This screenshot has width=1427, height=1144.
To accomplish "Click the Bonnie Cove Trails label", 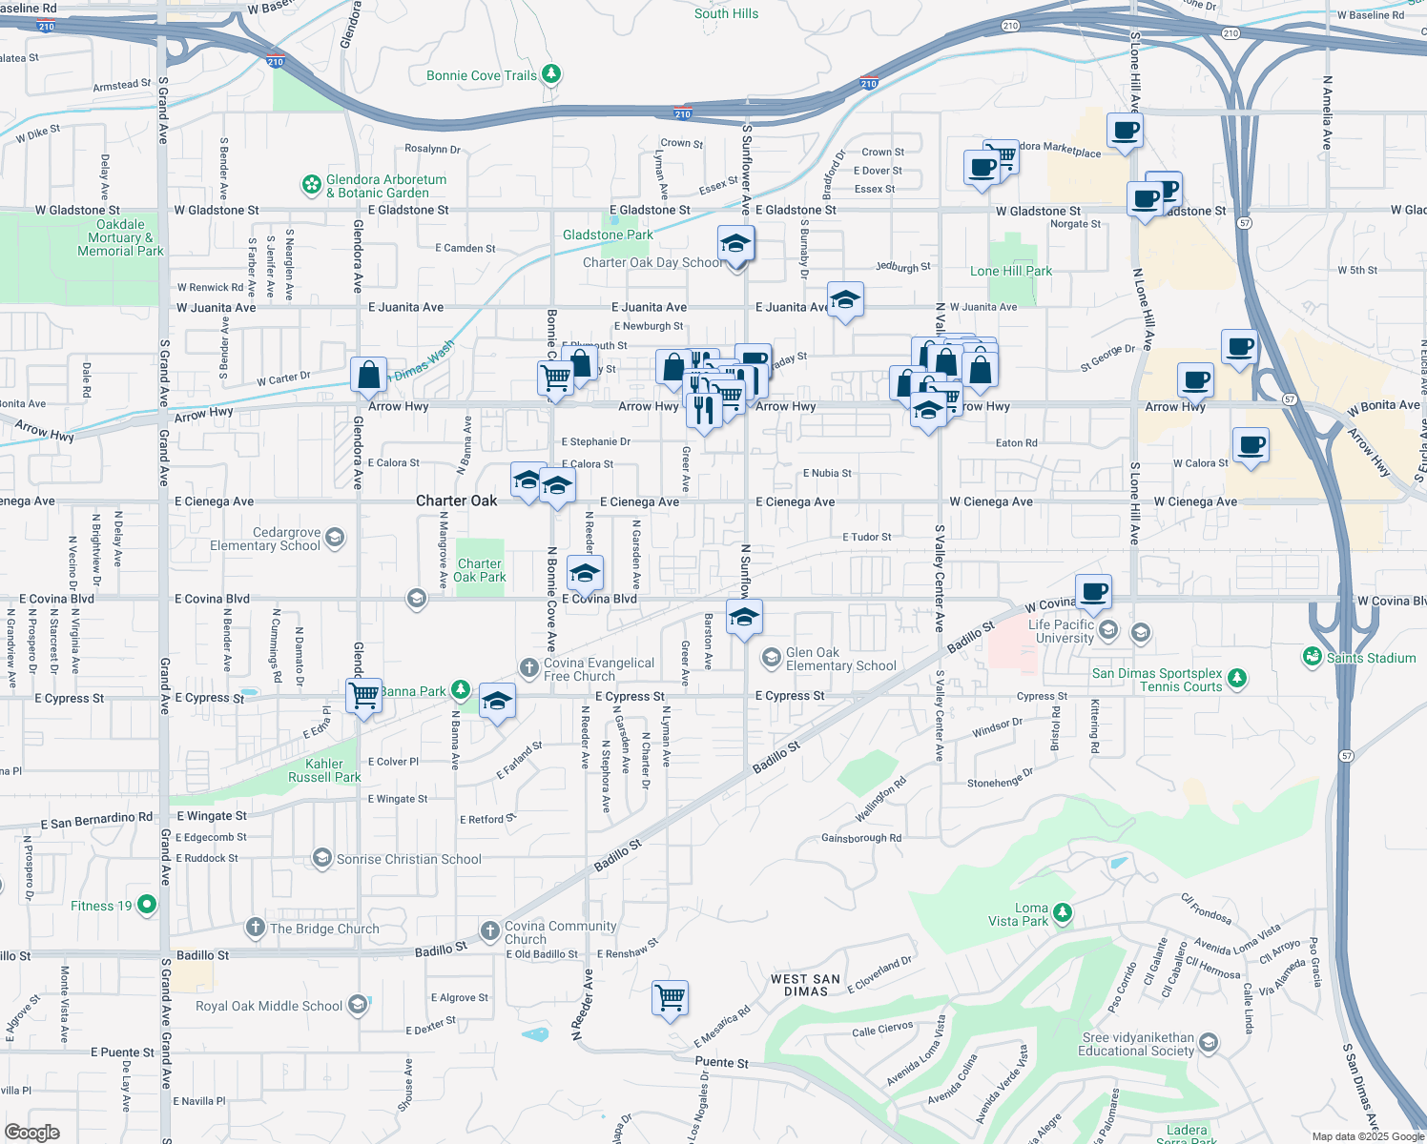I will click(x=482, y=76).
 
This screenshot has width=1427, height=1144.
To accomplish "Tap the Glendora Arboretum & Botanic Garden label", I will click(x=385, y=186).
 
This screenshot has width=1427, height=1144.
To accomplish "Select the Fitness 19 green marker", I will click(x=147, y=905).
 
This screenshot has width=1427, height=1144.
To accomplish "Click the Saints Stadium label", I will click(x=1371, y=658).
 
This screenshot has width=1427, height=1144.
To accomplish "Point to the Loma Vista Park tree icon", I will click(x=1062, y=913).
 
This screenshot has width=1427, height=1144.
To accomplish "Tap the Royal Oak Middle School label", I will click(x=269, y=1006).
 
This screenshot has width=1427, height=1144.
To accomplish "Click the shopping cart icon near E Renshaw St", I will click(x=671, y=998).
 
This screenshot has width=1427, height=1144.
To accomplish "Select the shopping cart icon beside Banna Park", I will click(x=364, y=695).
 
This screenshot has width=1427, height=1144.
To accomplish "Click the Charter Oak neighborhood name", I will click(x=456, y=500).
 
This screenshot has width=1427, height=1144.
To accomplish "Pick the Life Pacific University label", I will click(x=1062, y=631).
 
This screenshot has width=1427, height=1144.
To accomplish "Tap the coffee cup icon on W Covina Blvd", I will click(x=1094, y=591).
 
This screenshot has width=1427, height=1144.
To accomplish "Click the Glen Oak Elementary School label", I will click(x=840, y=659).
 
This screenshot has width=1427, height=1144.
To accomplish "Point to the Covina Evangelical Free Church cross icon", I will click(x=529, y=667).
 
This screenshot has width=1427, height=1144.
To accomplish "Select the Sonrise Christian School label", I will click(x=408, y=859).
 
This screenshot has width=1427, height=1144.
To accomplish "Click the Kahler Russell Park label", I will click(x=324, y=770).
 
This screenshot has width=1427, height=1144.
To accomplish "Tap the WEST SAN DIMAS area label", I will click(x=805, y=985).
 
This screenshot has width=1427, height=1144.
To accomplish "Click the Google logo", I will click(x=32, y=1133).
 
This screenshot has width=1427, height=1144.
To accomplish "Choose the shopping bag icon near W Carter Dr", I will click(x=368, y=375).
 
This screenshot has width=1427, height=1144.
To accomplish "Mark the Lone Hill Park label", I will click(x=1010, y=271).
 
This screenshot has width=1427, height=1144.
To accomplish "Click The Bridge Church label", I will click(x=324, y=929).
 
